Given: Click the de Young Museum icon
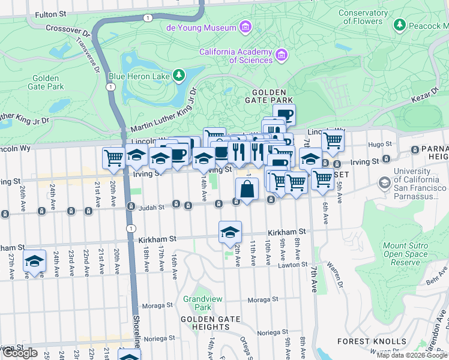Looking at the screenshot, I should click(244, 28).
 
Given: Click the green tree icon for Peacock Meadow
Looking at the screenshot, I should click(399, 26).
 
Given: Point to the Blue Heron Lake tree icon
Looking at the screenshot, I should click(178, 75).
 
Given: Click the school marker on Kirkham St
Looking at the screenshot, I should click(230, 232).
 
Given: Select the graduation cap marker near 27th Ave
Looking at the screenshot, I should click(35, 261).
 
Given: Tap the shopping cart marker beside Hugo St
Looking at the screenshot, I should click(332, 142).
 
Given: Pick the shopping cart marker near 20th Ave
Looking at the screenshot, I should click(113, 158).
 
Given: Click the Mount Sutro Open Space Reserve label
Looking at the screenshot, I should click(410, 254).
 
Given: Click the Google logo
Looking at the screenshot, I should click(20, 353).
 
